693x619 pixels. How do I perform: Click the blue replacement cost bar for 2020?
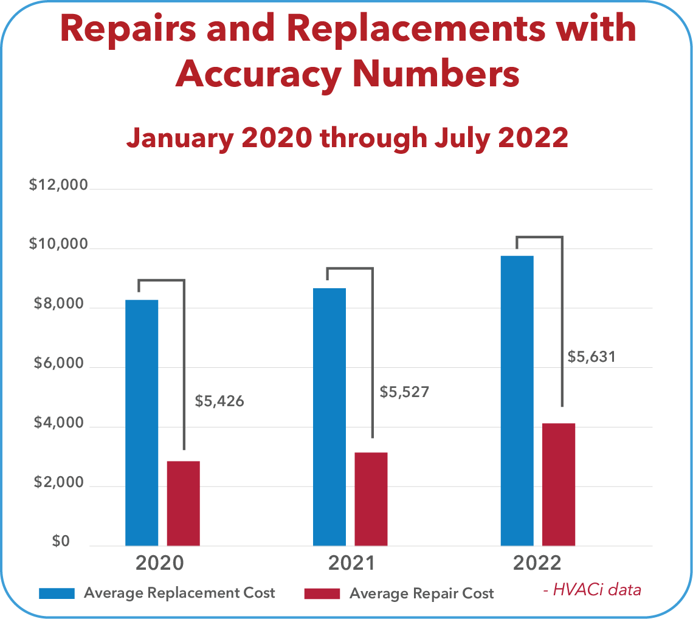(x=142, y=423)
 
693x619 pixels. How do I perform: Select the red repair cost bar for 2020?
(x=183, y=503)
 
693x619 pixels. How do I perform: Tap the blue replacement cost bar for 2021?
(x=329, y=417)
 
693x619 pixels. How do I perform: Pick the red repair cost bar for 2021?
(x=371, y=499)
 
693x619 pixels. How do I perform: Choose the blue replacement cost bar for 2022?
(x=517, y=400)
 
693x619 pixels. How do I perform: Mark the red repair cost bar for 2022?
(x=559, y=484)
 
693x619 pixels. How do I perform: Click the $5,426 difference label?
(x=219, y=401)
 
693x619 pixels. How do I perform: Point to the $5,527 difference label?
(x=404, y=392)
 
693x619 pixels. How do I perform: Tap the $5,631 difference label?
(x=591, y=357)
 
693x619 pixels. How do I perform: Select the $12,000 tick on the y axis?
(x=59, y=185)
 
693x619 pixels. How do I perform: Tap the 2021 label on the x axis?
(x=351, y=563)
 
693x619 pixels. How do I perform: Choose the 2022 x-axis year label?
(x=537, y=563)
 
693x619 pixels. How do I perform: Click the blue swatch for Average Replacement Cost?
(x=57, y=593)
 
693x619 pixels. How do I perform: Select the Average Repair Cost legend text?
(x=421, y=593)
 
